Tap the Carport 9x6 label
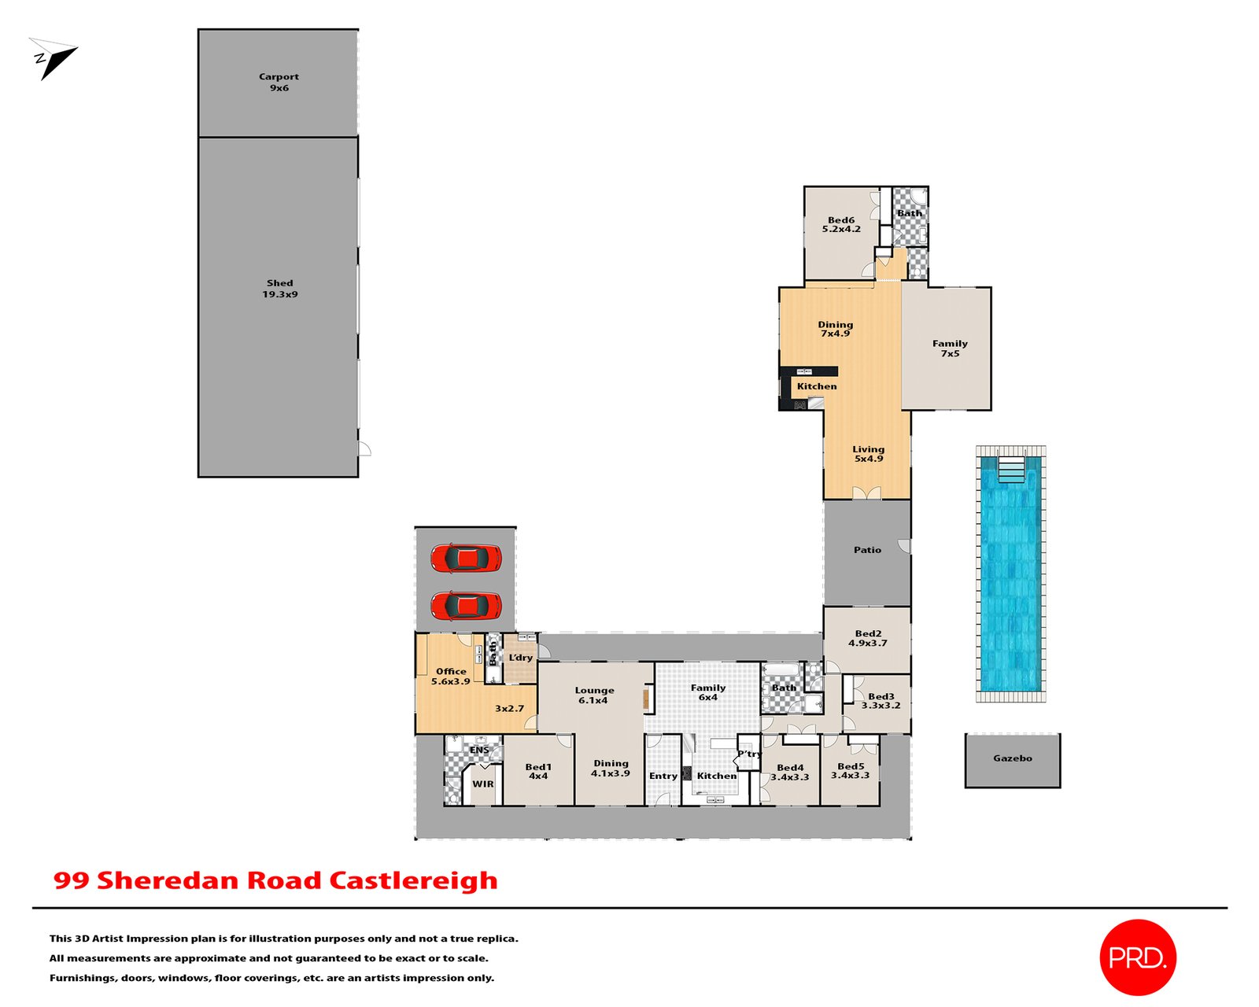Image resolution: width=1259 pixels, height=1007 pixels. point(279,82)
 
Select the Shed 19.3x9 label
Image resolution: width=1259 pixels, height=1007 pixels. point(279,289)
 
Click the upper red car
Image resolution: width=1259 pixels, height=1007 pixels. point(466,558)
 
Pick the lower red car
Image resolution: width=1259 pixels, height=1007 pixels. point(466,606)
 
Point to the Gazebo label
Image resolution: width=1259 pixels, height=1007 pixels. point(1012,758)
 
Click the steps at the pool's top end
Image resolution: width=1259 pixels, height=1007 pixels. point(1011,471)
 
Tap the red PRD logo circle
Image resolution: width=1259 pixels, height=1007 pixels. point(1137,957)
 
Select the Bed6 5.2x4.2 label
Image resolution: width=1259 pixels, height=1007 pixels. point(841,225)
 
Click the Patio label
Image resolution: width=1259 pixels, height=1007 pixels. point(867,550)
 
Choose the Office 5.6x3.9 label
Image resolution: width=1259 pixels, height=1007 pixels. point(451,677)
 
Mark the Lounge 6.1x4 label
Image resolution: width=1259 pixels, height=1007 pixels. point(594,695)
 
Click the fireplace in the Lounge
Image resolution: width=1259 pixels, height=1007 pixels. point(648,699)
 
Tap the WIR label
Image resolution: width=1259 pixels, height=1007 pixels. point(483,784)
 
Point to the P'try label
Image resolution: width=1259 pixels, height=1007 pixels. point(749,754)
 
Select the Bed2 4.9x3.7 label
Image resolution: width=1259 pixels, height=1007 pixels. point(868,638)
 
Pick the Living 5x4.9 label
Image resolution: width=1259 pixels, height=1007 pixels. point(869,454)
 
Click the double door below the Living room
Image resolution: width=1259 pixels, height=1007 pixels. point(867,493)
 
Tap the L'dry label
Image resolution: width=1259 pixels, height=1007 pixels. point(520,658)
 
